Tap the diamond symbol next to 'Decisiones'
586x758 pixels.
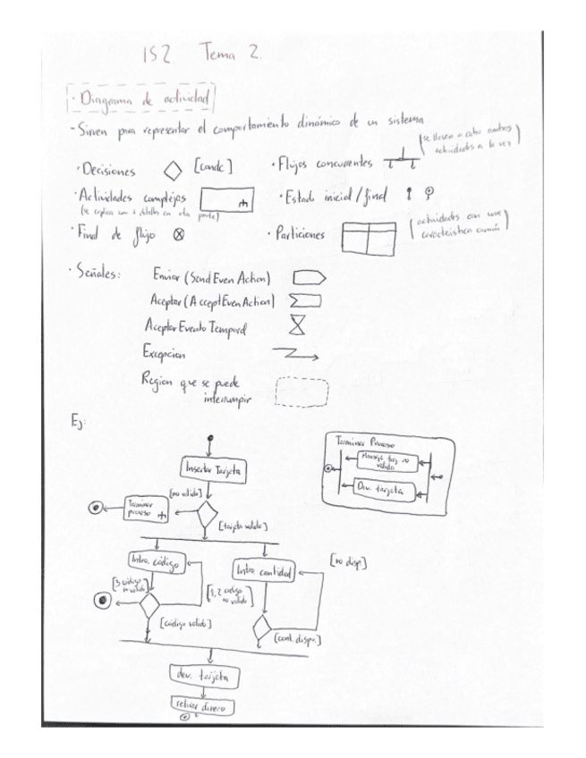tap(172, 167)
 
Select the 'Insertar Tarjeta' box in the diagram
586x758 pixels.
tap(213, 468)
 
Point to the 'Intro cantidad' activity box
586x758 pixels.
tap(264, 570)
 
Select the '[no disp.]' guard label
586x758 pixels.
tap(347, 561)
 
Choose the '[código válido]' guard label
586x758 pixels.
tap(185, 622)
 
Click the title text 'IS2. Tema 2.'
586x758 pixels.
tap(200, 54)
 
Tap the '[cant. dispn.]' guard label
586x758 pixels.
tap(299, 639)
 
